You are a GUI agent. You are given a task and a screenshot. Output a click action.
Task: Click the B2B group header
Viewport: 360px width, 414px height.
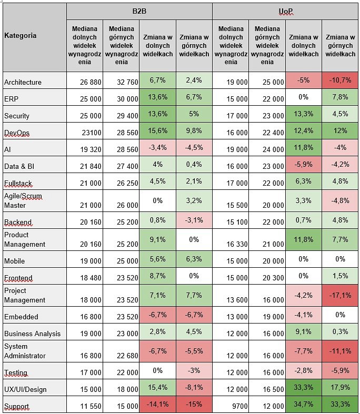tap(139, 12)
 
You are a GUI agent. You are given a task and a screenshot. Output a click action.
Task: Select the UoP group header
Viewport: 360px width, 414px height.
tap(285, 12)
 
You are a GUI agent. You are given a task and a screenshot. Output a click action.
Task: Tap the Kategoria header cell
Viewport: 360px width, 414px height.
tap(35, 37)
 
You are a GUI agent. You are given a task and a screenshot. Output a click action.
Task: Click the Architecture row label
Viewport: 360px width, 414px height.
tap(35, 80)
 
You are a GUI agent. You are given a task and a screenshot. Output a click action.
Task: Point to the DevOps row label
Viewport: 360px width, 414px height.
tap(35, 131)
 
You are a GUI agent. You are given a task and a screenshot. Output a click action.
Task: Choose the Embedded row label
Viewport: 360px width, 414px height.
tap(35, 315)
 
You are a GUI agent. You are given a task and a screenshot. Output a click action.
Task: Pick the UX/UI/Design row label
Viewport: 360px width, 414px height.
tap(35, 388)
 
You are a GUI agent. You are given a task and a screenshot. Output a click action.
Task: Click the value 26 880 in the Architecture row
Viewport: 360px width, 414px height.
tap(85, 80)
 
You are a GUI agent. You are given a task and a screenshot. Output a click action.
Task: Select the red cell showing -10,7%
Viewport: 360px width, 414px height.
tap(340, 80)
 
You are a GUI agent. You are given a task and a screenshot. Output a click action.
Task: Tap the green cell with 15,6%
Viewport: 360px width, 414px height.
tap(157, 131)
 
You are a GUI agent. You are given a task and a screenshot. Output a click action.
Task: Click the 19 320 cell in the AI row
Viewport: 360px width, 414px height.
tap(85, 148)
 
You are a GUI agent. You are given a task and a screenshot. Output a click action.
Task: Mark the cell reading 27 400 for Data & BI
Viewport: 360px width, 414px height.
tap(121, 165)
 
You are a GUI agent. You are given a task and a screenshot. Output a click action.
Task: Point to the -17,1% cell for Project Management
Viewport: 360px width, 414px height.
tap(340, 296)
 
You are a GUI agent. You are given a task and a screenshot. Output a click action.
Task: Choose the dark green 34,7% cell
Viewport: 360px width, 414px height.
tap(304, 404)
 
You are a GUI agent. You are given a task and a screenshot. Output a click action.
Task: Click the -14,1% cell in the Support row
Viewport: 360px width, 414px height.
tap(157, 404)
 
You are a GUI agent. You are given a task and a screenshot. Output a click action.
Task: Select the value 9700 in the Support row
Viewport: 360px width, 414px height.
tap(231, 404)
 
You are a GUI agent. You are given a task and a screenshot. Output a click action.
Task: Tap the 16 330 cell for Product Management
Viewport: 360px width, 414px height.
tap(231, 240)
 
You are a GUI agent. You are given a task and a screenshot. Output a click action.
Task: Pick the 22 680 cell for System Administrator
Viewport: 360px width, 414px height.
tap(121, 351)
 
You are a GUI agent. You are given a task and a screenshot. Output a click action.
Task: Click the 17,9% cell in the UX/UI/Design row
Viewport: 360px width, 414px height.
tap(340, 388)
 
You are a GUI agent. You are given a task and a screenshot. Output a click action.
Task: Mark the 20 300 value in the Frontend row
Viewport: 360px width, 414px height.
tap(267, 276)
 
